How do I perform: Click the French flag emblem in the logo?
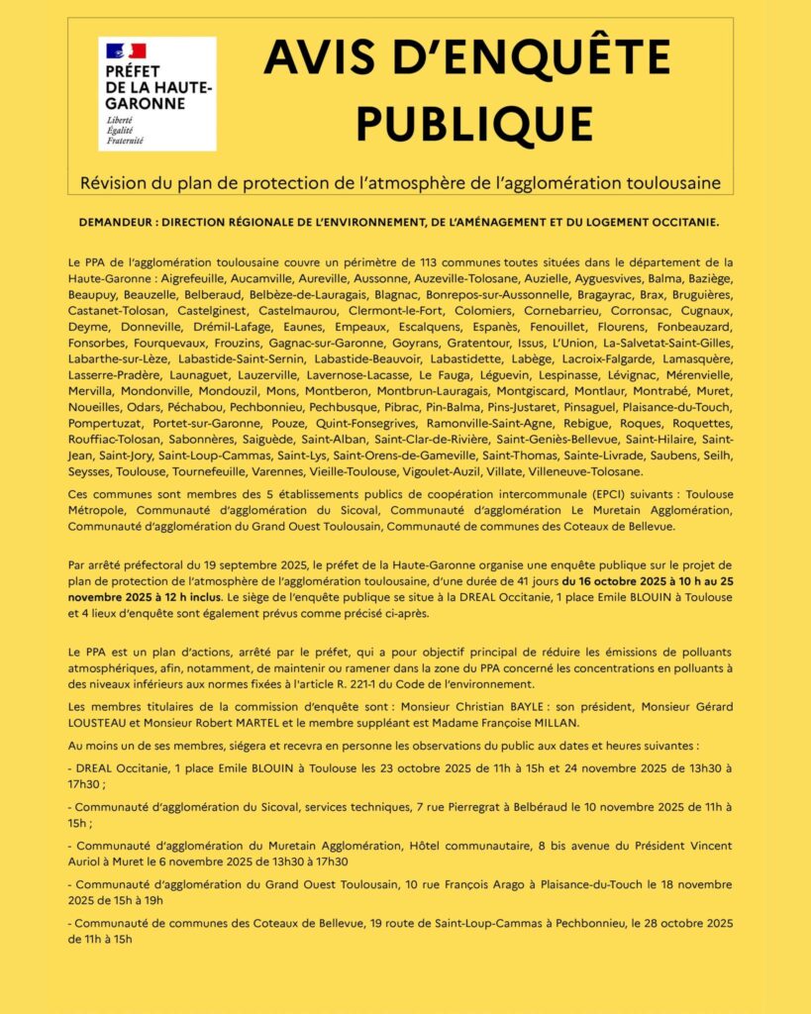[125, 50]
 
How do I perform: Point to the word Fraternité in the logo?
[125, 142]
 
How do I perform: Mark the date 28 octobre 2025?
[683, 923]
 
